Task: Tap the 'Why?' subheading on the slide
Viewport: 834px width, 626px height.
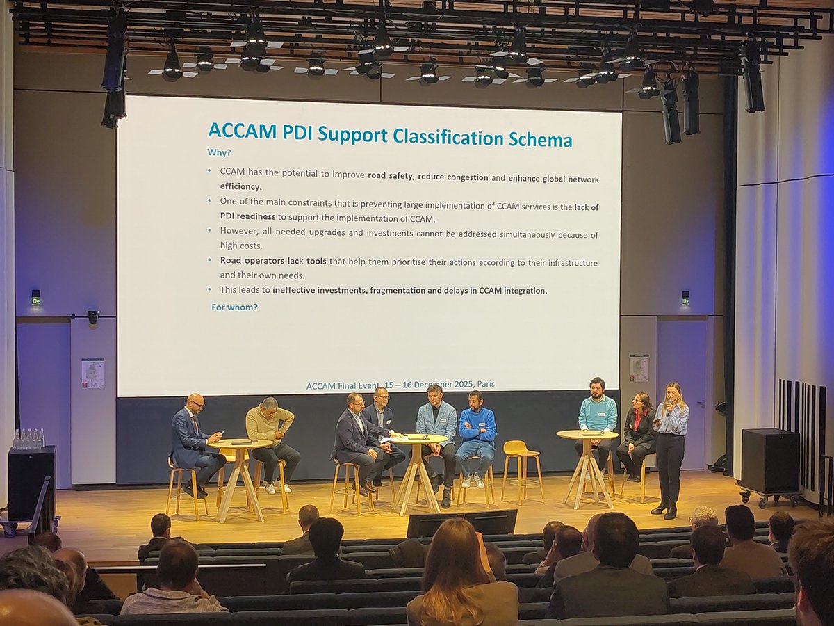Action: [220, 152]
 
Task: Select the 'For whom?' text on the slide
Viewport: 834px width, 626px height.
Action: [234, 306]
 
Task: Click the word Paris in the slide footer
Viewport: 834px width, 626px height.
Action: [482, 384]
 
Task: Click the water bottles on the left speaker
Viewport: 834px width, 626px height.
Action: [28, 438]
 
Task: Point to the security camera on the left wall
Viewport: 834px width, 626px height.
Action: [93, 317]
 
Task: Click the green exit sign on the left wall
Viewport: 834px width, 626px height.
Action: [35, 300]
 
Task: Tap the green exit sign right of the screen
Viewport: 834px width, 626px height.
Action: [685, 300]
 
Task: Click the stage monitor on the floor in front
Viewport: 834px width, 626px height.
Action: [462, 522]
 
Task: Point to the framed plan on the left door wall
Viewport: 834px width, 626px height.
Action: [92, 373]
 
